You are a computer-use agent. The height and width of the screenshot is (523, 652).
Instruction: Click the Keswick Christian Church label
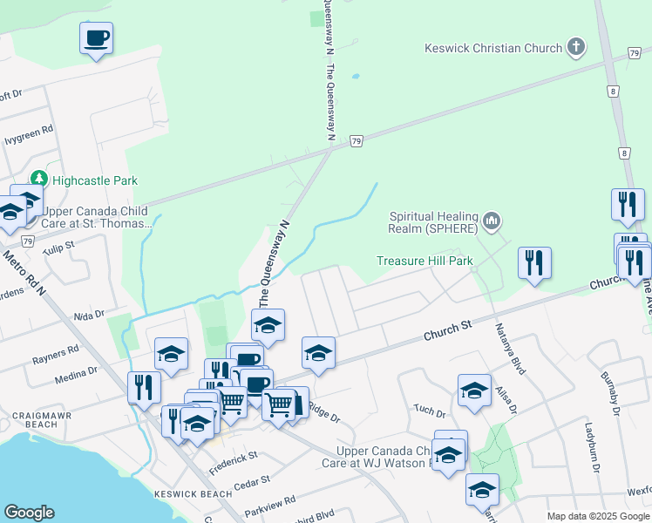493,48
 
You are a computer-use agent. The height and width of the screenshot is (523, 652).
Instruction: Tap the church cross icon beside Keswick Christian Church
575,47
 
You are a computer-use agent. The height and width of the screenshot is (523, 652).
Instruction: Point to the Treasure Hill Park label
424,261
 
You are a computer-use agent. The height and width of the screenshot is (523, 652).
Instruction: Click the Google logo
29,513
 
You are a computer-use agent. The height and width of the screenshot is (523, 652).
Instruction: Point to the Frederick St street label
234,461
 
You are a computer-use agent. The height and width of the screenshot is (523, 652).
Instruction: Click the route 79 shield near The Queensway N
356,140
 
